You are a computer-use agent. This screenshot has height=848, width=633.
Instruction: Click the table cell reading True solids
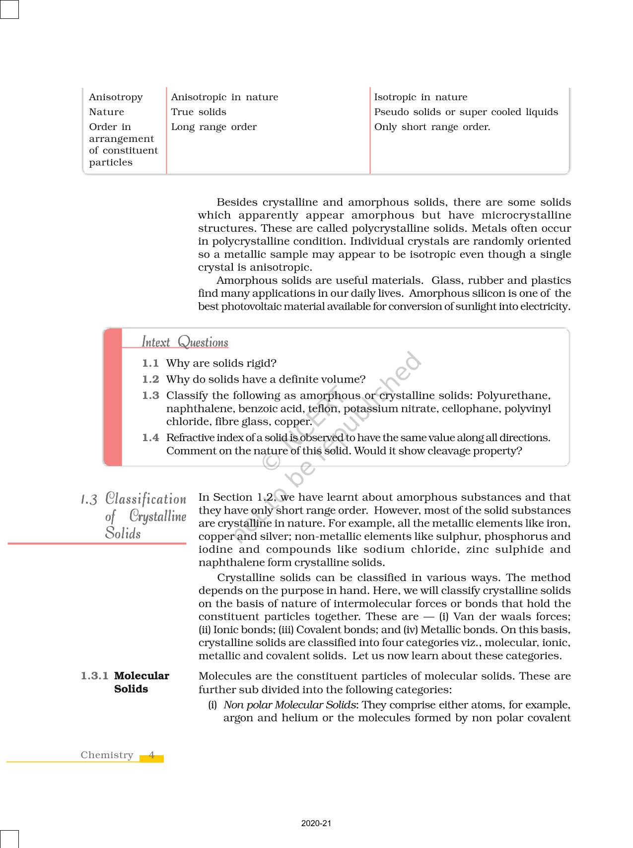click(199, 112)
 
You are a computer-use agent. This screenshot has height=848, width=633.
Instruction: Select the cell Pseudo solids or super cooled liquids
click(466, 112)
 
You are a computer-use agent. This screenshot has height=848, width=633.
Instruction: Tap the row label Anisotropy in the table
click(116, 97)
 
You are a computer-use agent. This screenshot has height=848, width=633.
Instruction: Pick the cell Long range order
click(213, 127)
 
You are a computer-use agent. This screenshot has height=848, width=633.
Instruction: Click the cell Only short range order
click(432, 127)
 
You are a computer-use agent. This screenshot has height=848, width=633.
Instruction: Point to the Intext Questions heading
click(185, 342)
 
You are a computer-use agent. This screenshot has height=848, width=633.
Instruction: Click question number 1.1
click(150, 363)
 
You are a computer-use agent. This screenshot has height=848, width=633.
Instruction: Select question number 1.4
click(150, 438)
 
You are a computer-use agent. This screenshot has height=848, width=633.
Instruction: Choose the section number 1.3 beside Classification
click(89, 499)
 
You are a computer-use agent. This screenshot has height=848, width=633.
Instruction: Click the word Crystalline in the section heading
click(157, 516)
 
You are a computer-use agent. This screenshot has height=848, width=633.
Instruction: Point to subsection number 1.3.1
click(94, 676)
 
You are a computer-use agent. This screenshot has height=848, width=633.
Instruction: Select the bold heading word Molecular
click(141, 676)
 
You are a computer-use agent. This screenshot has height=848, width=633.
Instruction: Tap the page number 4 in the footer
click(152, 755)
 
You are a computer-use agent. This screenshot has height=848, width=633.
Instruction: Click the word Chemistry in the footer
click(107, 755)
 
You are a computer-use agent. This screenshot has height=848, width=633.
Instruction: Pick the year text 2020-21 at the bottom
click(316, 823)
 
